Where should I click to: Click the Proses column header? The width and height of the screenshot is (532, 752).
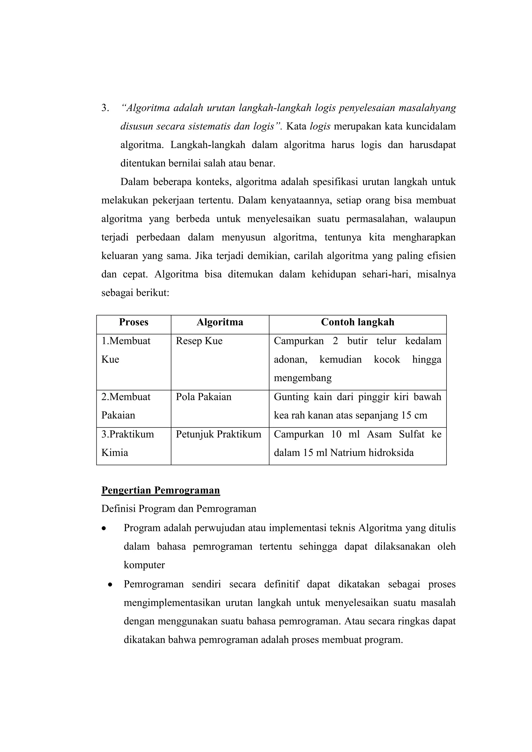pos(134,322)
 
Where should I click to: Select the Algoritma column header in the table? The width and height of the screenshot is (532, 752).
pos(220,322)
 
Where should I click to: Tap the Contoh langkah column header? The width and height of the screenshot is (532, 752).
pos(357,322)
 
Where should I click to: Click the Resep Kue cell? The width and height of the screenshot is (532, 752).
pos(199,341)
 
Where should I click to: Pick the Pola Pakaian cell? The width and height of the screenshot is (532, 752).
pos(203,397)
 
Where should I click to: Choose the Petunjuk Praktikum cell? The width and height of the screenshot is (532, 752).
pos(218,434)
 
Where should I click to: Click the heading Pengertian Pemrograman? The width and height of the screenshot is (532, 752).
pos(161,490)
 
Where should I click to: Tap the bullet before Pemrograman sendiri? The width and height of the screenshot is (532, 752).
pos(110,585)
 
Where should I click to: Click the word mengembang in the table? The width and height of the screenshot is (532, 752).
pos(303,378)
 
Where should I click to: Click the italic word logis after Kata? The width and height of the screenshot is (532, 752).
pos(320,126)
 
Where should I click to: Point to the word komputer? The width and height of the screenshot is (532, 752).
pos(144,565)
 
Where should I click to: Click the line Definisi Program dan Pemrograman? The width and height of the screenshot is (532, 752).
pos(178,509)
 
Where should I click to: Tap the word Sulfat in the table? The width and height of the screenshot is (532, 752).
pos(412,434)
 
